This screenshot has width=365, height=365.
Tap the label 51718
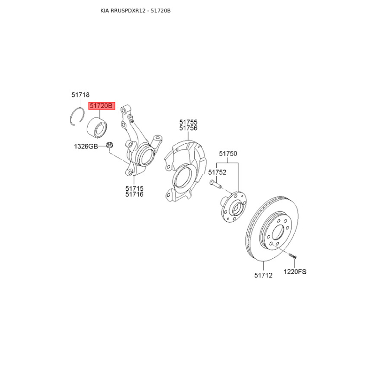coord(80,95)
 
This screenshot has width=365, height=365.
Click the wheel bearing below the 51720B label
coord(97,127)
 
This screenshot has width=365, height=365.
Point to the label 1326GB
coord(86,146)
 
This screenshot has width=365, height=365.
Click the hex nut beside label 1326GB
coord(109,145)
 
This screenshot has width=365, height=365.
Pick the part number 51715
coord(134,188)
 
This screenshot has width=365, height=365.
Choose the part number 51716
coord(134,194)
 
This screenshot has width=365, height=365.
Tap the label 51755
coord(188,122)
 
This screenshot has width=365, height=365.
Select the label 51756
coord(188,128)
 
